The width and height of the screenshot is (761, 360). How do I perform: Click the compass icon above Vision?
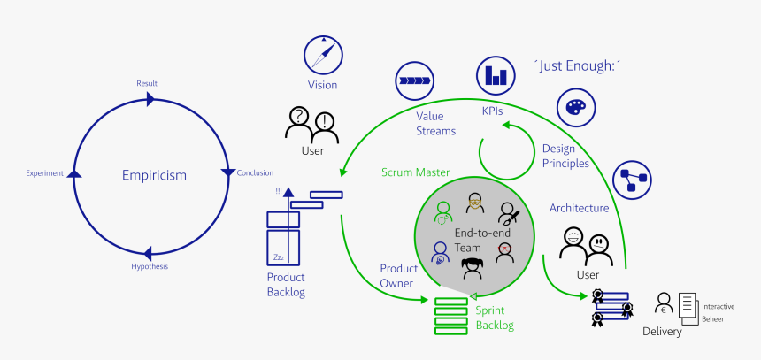[x=323, y=55]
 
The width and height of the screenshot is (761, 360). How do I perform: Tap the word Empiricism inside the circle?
[x=154, y=175]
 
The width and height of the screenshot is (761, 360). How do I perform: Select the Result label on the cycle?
[x=147, y=83]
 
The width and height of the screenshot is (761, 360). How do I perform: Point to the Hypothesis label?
[x=149, y=266]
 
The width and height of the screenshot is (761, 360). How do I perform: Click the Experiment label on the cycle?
[x=44, y=173]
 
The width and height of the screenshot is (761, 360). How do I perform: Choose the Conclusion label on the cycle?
[x=255, y=172]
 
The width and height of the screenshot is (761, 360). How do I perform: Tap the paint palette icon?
[x=575, y=106]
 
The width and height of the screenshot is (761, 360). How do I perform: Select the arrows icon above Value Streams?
[x=414, y=80]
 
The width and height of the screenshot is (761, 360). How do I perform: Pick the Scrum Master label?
[x=416, y=172]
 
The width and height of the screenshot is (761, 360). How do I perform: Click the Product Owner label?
[x=398, y=275]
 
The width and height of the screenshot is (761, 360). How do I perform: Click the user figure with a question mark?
[x=299, y=124]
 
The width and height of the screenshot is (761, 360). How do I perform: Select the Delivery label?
[x=663, y=332]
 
